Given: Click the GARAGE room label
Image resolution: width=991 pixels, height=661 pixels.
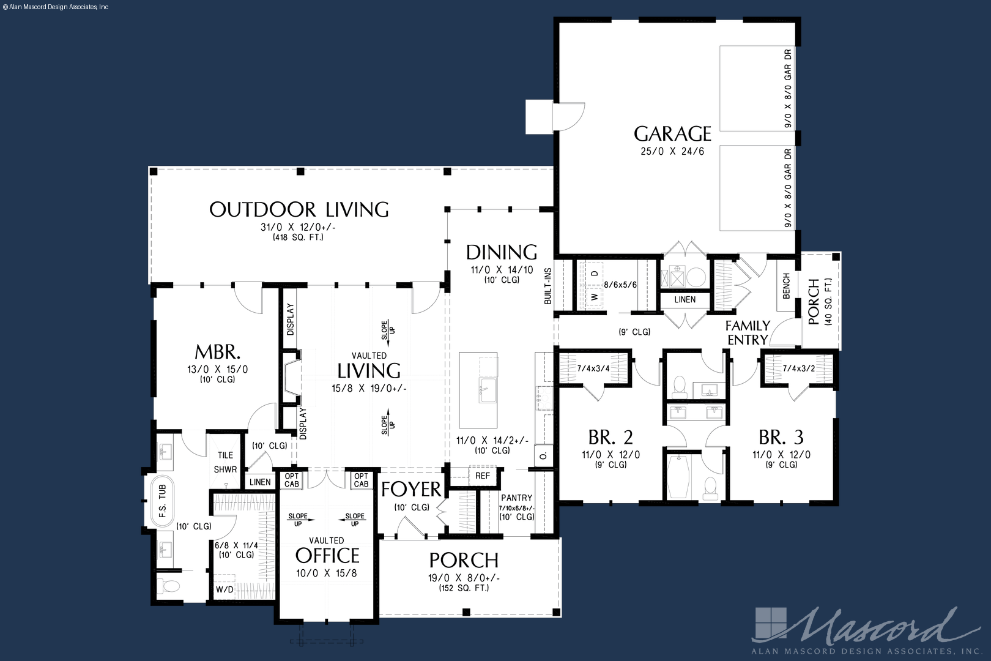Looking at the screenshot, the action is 672,133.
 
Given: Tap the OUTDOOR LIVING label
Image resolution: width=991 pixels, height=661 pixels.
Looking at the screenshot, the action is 299,209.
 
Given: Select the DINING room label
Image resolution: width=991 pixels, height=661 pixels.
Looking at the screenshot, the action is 502,252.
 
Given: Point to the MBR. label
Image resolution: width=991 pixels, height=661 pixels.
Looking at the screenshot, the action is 218,352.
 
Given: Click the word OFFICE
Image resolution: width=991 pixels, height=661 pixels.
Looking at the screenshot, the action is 327,555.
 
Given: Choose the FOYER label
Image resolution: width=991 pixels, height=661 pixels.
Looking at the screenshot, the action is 412,489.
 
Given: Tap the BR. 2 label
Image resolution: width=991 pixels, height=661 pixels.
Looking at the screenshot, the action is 611,437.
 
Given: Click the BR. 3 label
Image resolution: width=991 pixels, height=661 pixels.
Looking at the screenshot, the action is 781,437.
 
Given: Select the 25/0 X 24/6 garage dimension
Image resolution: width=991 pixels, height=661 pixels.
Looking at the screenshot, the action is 672,151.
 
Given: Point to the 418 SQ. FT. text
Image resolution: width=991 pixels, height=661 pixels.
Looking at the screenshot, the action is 298,237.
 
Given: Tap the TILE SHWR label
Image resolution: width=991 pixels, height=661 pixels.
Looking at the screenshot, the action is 225,462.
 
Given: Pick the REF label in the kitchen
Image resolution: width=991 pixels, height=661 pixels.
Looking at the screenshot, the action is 483,476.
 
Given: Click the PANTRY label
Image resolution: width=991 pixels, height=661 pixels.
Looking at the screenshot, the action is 517,498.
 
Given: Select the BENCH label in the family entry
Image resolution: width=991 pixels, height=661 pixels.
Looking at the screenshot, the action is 786,286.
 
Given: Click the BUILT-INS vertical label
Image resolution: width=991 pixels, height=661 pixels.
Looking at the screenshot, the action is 548,286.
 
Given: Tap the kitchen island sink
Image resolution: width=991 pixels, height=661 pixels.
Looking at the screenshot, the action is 488,390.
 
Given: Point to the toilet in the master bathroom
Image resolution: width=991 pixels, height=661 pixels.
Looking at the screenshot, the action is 169,586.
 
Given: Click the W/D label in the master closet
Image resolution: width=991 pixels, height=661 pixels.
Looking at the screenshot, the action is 225,589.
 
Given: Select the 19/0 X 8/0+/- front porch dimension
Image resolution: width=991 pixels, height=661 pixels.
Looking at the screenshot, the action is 464,578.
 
